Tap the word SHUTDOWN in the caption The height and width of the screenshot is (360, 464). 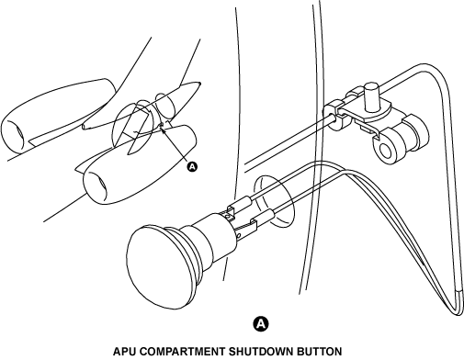coord(259,351)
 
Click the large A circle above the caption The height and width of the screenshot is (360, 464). coord(261,323)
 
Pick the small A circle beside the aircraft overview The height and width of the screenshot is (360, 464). coord(192,167)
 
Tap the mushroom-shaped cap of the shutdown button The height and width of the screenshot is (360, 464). coord(159,264)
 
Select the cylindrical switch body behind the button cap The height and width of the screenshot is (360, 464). coord(211,237)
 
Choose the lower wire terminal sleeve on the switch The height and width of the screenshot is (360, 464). coord(262,218)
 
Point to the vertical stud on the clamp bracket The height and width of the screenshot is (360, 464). coord(371,96)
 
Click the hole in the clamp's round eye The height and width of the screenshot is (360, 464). coord(386,150)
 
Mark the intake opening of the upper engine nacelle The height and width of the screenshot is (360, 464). coord(14,135)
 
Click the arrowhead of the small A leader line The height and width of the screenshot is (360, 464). coord(163,130)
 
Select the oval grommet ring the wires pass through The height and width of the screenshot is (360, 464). coord(274,201)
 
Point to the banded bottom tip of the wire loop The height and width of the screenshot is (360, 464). coord(458,302)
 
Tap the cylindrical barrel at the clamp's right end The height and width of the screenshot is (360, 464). coord(414,132)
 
